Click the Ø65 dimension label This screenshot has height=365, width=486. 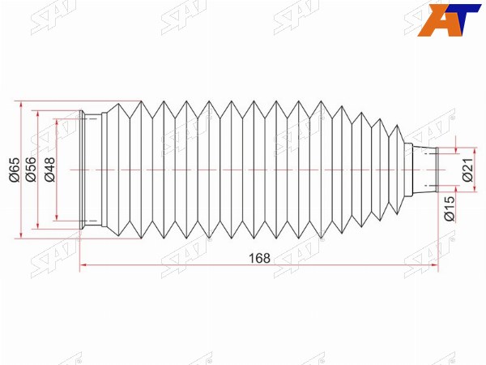(x=15, y=170)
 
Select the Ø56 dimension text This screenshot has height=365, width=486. (x=31, y=170)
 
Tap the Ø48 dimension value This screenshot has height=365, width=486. (x=49, y=170)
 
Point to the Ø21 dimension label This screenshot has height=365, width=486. (x=467, y=170)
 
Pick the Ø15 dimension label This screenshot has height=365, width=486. (x=450, y=208)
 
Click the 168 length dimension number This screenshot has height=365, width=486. (x=260, y=258)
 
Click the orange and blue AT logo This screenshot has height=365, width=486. (x=449, y=20)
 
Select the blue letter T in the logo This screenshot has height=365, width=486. (x=465, y=19)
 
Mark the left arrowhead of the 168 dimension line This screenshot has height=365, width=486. (x=83, y=265)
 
